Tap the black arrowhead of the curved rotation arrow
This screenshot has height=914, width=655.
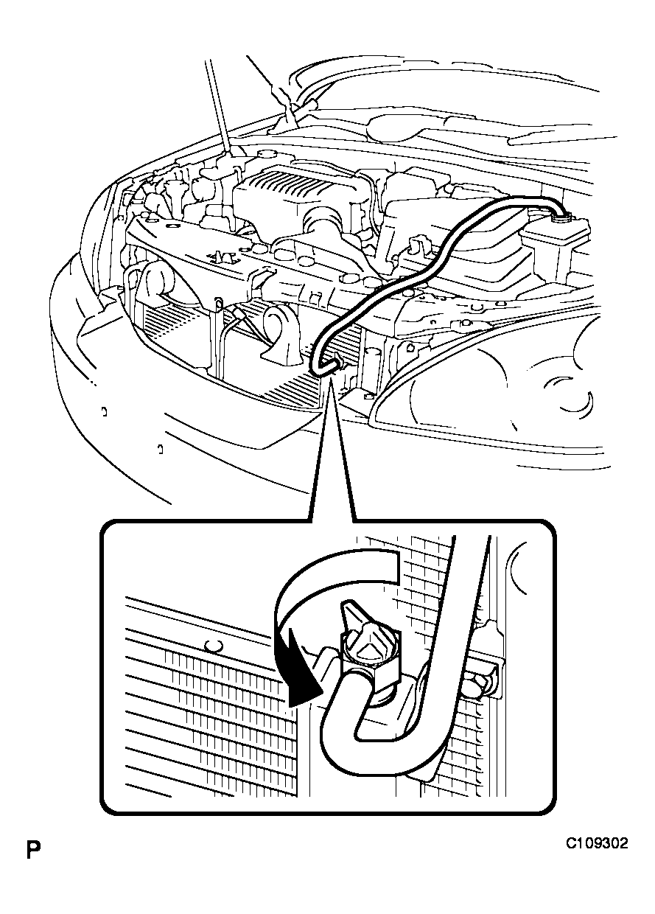pos(302,681)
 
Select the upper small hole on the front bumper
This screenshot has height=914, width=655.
pos(105,412)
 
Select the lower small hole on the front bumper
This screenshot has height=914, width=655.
pos(161,449)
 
